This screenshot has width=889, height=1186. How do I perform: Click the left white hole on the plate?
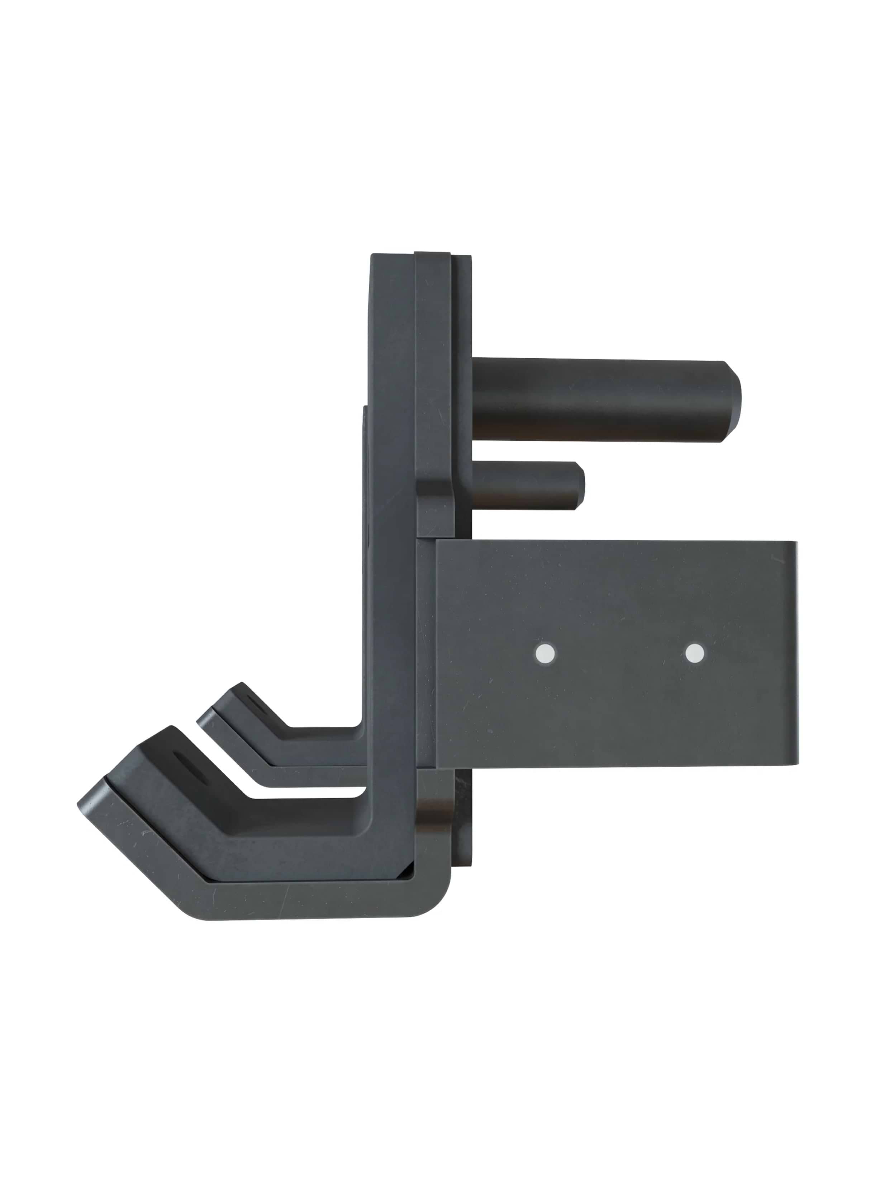click(545, 653)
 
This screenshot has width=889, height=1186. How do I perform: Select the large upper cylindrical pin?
click(600, 400)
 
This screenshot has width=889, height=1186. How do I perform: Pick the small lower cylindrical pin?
click(525, 485)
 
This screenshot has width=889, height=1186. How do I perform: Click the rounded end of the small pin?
click(580, 486)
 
